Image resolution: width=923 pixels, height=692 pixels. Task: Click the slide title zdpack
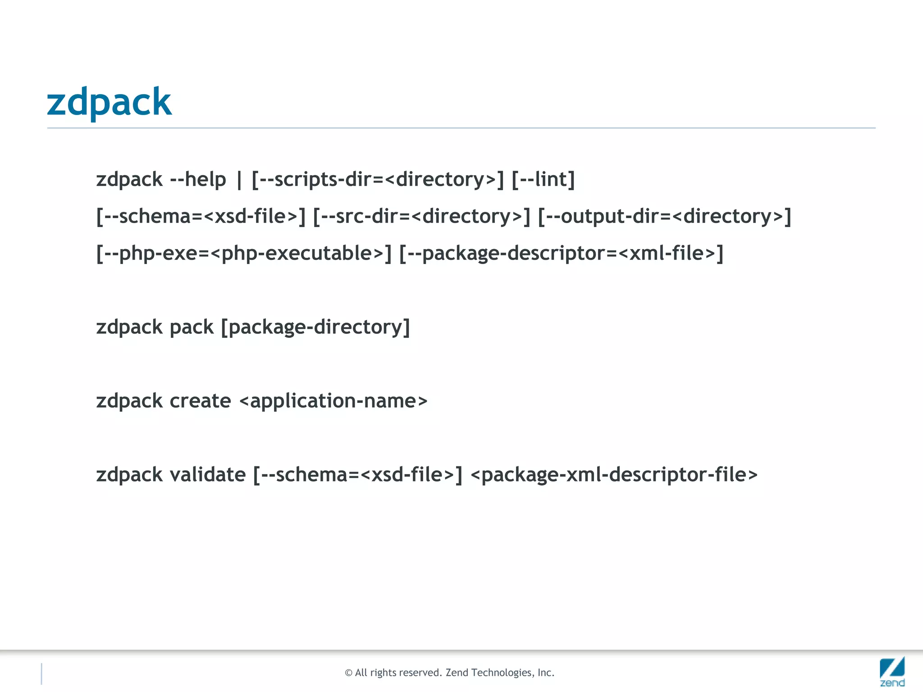109,102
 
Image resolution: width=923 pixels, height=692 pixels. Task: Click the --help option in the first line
198,179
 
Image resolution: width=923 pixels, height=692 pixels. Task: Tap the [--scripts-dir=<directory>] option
378,179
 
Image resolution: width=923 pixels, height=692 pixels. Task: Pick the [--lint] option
543,179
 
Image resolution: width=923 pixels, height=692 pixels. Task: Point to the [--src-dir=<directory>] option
421,216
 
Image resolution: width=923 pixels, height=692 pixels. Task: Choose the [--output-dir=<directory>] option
664,216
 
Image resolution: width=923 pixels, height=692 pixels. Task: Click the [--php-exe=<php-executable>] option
244,253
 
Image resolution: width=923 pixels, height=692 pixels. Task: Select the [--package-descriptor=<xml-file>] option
561,253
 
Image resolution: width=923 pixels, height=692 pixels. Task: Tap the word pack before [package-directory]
192,327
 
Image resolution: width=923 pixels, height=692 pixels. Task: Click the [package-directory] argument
315,327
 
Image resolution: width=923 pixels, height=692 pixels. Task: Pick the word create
200,401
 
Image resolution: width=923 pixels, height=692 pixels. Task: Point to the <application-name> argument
333,401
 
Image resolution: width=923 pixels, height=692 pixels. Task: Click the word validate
208,475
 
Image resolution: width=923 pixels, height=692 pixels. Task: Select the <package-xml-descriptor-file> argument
614,475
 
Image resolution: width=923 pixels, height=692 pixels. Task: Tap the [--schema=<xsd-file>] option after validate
358,475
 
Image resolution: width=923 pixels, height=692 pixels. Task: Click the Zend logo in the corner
892,671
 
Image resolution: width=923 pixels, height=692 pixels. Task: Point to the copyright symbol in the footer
348,673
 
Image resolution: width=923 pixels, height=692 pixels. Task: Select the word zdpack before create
129,401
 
